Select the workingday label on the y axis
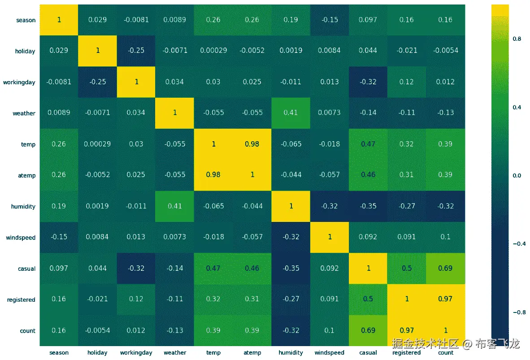coord(19,82)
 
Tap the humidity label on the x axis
coord(291,353)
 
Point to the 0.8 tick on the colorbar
coord(517,39)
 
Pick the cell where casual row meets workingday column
coord(136,269)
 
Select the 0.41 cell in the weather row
coord(291,113)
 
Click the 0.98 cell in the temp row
coord(252,144)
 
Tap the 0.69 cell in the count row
coord(368,330)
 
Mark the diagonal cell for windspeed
coord(330,237)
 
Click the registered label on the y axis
coord(21,300)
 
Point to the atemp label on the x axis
coord(252,353)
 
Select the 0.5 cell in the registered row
coord(368,299)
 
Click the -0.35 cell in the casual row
coord(291,269)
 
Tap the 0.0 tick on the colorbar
coord(517,176)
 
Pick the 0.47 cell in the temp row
coord(368,144)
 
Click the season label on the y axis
coord(26,20)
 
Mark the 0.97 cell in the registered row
coord(445,299)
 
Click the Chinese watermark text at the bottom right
coord(455,344)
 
